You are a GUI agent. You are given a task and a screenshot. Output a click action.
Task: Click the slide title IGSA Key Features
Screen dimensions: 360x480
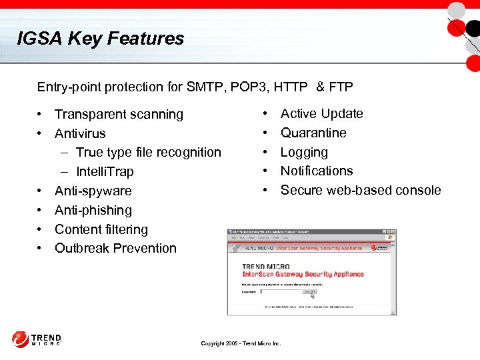click(x=101, y=39)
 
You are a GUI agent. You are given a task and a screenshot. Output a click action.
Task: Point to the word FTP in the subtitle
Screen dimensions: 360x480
click(x=341, y=87)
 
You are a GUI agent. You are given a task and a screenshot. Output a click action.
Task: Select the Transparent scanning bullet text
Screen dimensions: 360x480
click(x=119, y=114)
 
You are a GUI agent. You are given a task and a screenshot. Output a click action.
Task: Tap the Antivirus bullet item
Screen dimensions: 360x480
click(x=80, y=133)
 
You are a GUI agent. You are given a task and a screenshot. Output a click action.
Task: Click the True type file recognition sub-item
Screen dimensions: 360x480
click(x=148, y=152)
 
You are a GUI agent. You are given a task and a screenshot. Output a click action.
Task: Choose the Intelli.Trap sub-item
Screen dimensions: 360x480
click(x=105, y=171)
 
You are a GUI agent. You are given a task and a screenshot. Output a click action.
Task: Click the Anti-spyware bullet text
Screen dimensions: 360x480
click(x=93, y=191)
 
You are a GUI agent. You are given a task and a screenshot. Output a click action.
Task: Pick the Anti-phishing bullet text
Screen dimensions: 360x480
click(x=93, y=210)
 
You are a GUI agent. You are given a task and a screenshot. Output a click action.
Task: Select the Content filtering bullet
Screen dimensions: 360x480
click(x=101, y=229)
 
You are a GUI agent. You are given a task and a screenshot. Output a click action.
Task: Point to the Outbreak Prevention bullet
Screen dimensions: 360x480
click(x=115, y=248)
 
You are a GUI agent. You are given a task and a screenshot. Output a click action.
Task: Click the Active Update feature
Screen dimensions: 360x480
click(x=321, y=113)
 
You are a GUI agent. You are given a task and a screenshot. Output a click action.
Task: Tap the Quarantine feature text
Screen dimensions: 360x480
click(x=313, y=133)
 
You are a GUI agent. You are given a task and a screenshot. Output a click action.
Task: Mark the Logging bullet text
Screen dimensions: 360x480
click(x=304, y=152)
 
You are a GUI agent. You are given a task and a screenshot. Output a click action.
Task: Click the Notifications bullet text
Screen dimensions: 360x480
click(x=317, y=171)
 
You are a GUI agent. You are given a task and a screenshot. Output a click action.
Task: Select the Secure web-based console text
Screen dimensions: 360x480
click(x=361, y=190)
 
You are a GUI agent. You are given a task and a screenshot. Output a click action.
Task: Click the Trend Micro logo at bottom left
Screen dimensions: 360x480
click(x=37, y=339)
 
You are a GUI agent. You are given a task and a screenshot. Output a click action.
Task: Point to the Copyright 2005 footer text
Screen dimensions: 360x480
click(x=241, y=344)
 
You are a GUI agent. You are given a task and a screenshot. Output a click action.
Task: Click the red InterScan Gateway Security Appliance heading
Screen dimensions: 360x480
click(x=303, y=274)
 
